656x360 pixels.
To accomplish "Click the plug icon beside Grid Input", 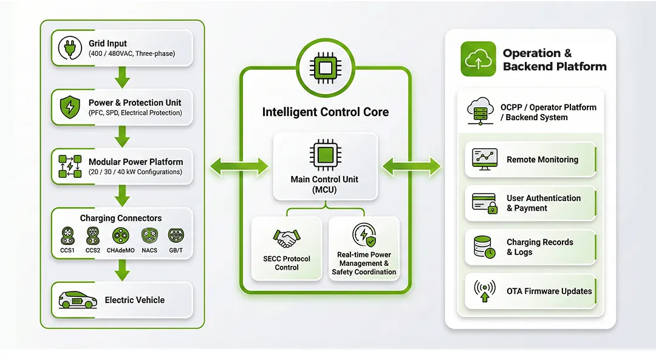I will tap(70, 48).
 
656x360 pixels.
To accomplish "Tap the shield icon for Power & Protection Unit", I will tap(70, 107).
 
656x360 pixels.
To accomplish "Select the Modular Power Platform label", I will tap(135, 162).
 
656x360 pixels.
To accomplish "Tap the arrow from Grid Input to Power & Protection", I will tap(123, 78).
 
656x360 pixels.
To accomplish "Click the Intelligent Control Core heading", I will tap(325, 112).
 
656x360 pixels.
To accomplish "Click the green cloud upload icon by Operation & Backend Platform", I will tap(478, 59).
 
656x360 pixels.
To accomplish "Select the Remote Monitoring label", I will tap(542, 160).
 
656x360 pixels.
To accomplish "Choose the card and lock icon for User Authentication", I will tap(484, 203).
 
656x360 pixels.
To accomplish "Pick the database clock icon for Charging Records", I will tap(484, 246).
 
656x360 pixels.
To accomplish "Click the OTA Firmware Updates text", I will tap(549, 291).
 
